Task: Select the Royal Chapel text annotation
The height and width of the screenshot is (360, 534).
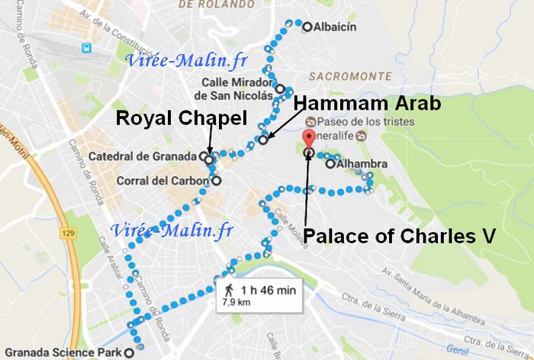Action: coord(182,118)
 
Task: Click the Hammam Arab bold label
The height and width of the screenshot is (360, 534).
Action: coord(367,103)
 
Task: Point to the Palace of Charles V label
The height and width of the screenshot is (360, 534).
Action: coord(400,237)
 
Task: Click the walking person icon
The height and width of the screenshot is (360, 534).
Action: coord(228,290)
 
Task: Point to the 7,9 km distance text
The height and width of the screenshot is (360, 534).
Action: coord(237,303)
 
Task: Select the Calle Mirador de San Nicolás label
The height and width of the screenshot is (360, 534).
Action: coord(233,88)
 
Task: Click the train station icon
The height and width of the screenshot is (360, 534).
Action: coord(85,48)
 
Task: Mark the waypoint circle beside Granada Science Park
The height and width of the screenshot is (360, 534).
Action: coord(139,352)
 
